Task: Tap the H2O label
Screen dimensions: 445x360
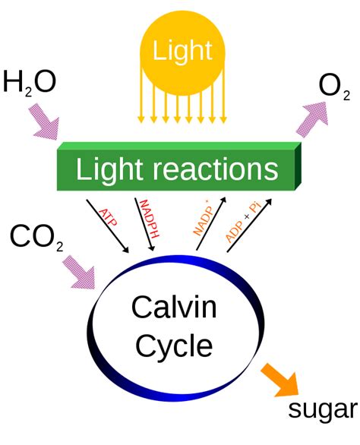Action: [30, 81]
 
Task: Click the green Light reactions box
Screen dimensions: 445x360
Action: [179, 168]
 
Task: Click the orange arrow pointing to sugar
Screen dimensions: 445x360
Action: [279, 380]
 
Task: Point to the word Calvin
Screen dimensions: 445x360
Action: [174, 308]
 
